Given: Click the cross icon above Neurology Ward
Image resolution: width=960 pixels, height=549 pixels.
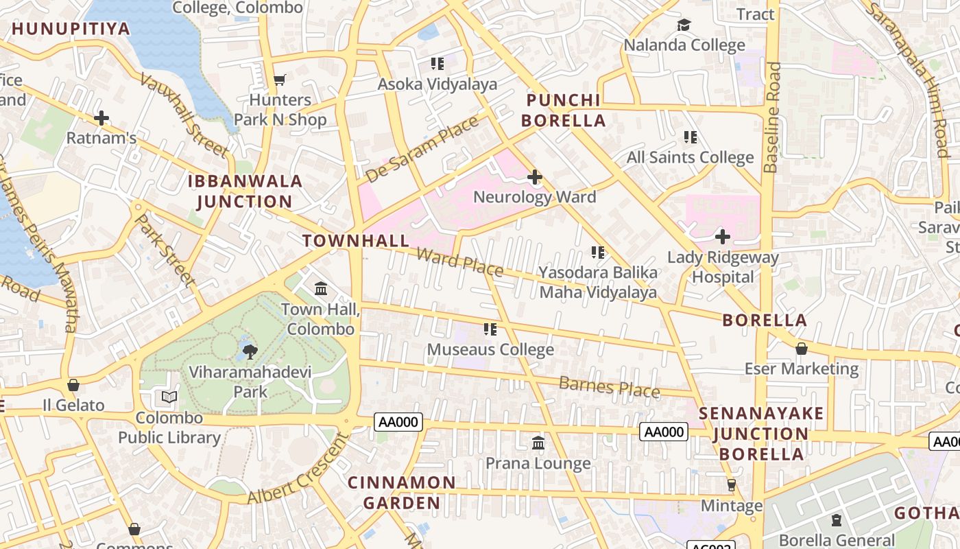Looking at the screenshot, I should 534,178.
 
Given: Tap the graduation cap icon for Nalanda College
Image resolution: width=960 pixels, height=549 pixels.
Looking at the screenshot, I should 684,25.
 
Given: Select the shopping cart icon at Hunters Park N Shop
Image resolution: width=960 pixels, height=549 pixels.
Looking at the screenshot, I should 279,80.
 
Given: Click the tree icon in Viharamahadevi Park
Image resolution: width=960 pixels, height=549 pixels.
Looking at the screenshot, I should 250,352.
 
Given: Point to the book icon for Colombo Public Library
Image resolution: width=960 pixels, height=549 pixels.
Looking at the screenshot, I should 169,397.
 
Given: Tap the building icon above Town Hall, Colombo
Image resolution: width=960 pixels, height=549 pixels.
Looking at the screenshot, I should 321,289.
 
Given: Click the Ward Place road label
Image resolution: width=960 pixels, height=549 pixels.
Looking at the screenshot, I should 459,262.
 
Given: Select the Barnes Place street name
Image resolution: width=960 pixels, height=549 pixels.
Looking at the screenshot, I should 609,387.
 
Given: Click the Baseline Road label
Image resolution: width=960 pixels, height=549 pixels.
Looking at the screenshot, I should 772,117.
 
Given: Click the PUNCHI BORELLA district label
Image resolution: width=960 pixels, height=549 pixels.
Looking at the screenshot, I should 564,110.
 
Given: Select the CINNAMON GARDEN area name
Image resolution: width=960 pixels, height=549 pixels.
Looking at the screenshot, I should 402,493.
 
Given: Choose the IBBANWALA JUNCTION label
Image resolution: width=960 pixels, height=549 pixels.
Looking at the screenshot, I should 245,191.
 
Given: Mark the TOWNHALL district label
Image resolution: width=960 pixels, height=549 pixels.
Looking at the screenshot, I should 356,241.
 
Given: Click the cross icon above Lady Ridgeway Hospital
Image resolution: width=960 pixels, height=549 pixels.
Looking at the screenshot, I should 722,237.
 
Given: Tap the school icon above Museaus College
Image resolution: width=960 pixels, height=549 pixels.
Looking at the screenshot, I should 490,330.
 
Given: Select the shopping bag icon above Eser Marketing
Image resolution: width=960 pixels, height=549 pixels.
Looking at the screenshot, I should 801,349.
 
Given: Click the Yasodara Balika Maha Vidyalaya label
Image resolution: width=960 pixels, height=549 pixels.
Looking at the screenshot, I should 598,282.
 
